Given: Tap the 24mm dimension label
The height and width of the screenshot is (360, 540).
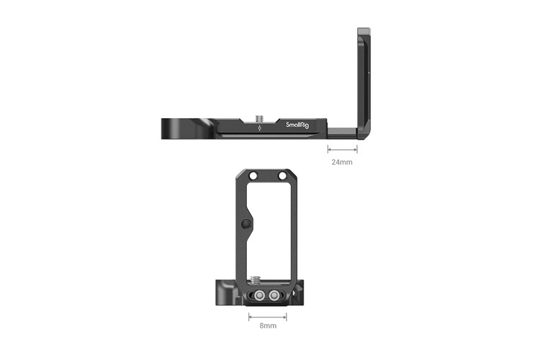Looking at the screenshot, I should [x=341, y=163].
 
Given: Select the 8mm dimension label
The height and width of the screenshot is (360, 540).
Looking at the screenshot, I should [x=268, y=326].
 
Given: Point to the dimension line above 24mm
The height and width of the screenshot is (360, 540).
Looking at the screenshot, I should [x=342, y=150].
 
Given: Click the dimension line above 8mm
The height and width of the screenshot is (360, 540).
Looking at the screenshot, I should [x=268, y=315].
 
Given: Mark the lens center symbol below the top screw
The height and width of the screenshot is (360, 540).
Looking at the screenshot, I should [x=260, y=130].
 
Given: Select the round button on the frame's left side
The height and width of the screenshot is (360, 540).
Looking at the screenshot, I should [x=246, y=224].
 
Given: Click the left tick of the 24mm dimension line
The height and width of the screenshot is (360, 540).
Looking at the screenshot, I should [x=328, y=150].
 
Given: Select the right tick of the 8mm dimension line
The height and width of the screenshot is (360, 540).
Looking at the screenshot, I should [x=287, y=315].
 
